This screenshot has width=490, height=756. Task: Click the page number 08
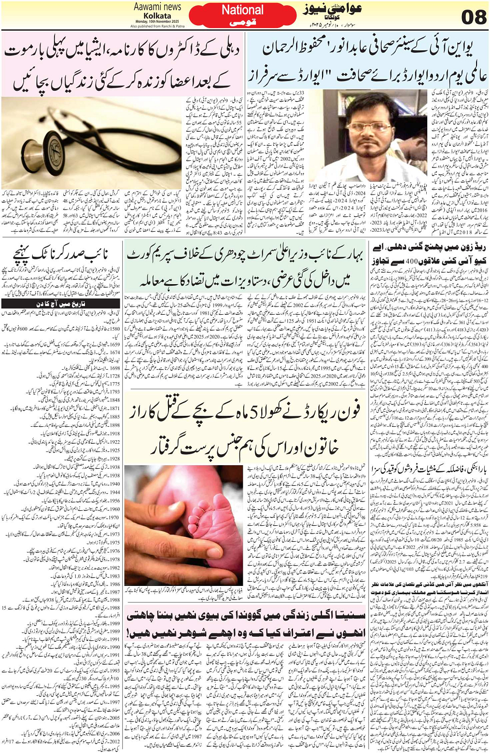click(473, 17)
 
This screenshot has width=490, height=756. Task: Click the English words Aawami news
click(157, 7)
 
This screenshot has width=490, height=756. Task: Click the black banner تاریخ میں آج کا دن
click(61, 303)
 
